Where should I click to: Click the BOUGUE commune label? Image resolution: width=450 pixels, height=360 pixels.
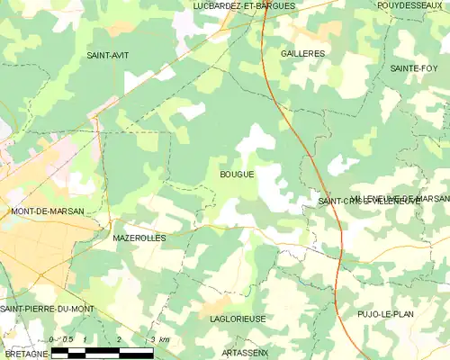(x=237, y=175)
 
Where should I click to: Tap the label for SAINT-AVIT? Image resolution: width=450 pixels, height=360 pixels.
(x=107, y=56)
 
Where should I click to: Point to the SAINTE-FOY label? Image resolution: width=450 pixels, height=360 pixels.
(x=414, y=68)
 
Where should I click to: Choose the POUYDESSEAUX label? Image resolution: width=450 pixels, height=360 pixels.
(x=412, y=5)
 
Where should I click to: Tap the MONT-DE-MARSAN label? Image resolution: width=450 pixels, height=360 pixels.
(x=47, y=211)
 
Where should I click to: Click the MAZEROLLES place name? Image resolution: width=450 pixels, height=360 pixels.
(x=139, y=238)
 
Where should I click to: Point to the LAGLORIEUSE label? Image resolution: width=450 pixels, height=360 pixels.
(x=236, y=318)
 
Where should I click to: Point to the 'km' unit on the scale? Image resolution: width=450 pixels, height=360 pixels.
(x=164, y=339)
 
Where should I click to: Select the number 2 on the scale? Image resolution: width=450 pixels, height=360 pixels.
(x=119, y=339)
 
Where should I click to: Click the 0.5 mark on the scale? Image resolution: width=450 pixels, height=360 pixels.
(x=66, y=339)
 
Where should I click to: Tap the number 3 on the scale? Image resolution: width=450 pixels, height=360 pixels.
(x=153, y=339)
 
